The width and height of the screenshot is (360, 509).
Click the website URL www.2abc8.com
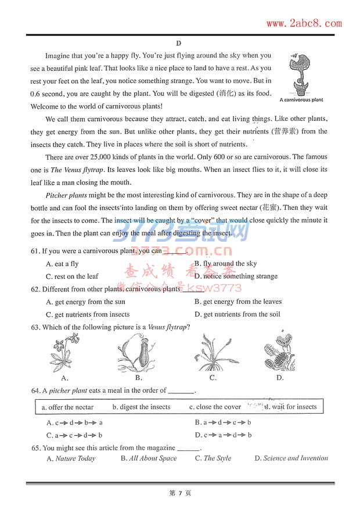(x=304, y=23)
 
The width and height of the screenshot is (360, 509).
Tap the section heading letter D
(x=179, y=44)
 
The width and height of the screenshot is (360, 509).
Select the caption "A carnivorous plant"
(x=301, y=100)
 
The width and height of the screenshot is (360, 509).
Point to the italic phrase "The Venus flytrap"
(x=77, y=170)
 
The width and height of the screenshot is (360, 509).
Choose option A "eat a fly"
(x=62, y=264)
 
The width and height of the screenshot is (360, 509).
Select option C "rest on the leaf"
(x=72, y=277)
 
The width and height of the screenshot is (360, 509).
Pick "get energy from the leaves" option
(x=238, y=302)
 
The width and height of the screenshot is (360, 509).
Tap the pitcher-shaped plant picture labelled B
(x=135, y=352)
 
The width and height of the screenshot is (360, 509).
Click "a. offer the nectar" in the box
(x=67, y=407)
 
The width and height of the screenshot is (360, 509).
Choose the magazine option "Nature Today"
(x=71, y=458)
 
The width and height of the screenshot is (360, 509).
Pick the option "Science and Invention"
(x=291, y=458)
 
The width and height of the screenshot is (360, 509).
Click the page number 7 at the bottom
(x=180, y=493)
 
